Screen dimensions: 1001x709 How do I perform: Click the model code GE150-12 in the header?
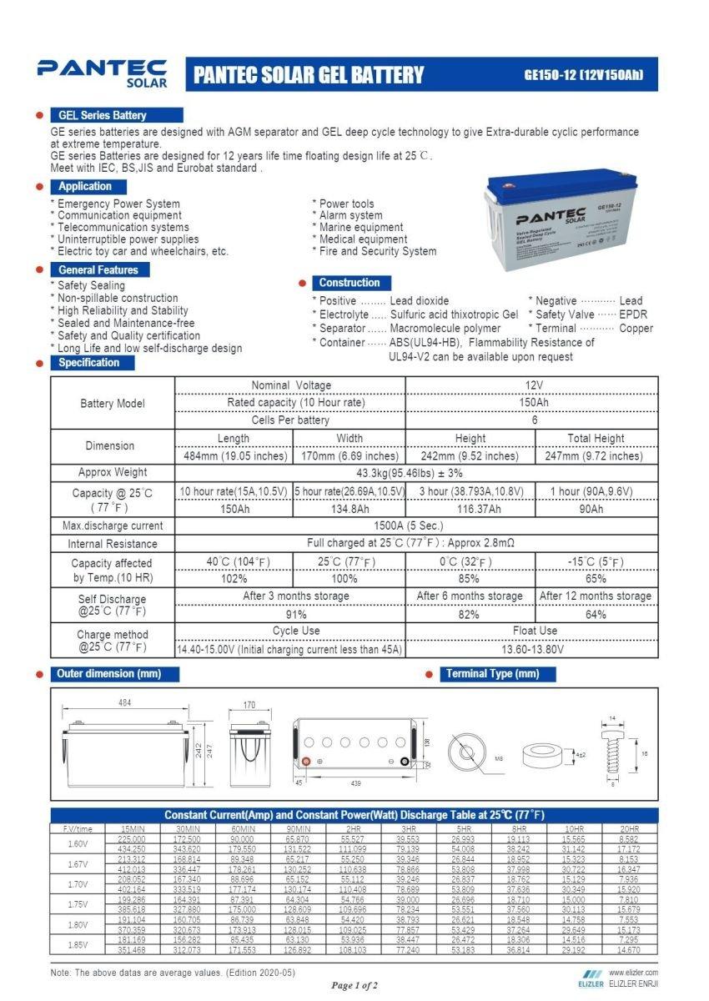[x=583, y=74]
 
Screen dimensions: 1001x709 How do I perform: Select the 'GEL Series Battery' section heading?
[x=102, y=115]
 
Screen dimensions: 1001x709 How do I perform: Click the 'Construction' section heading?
[x=349, y=283]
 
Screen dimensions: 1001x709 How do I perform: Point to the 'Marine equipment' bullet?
[x=361, y=227]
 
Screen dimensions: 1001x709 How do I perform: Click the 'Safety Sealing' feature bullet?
[x=91, y=285]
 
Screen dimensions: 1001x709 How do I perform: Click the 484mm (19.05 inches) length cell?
[x=234, y=456]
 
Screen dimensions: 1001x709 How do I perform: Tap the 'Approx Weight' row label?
[x=113, y=473]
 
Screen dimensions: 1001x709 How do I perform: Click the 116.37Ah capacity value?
[x=470, y=510]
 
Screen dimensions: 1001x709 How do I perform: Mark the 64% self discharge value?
[x=596, y=615]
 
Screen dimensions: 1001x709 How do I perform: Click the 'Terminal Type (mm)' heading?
[x=492, y=674]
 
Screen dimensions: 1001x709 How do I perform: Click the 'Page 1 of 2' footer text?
[x=354, y=985]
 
